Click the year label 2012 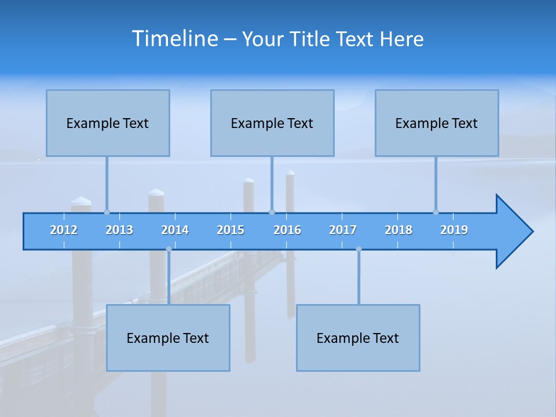[64, 230]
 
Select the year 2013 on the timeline [119, 230]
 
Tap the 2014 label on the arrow [175, 230]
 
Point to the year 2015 [231, 230]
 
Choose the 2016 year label [287, 230]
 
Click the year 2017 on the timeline [343, 230]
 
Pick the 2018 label [398, 230]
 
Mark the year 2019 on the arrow [454, 230]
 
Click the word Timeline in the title [174, 39]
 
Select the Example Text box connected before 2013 [108, 123]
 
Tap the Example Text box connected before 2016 [272, 123]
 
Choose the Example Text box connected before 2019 [437, 123]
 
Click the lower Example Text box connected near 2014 [168, 338]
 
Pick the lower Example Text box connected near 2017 [358, 338]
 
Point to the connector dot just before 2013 [107, 212]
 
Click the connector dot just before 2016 [272, 212]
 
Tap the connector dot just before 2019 [436, 212]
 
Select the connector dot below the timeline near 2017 [359, 249]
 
